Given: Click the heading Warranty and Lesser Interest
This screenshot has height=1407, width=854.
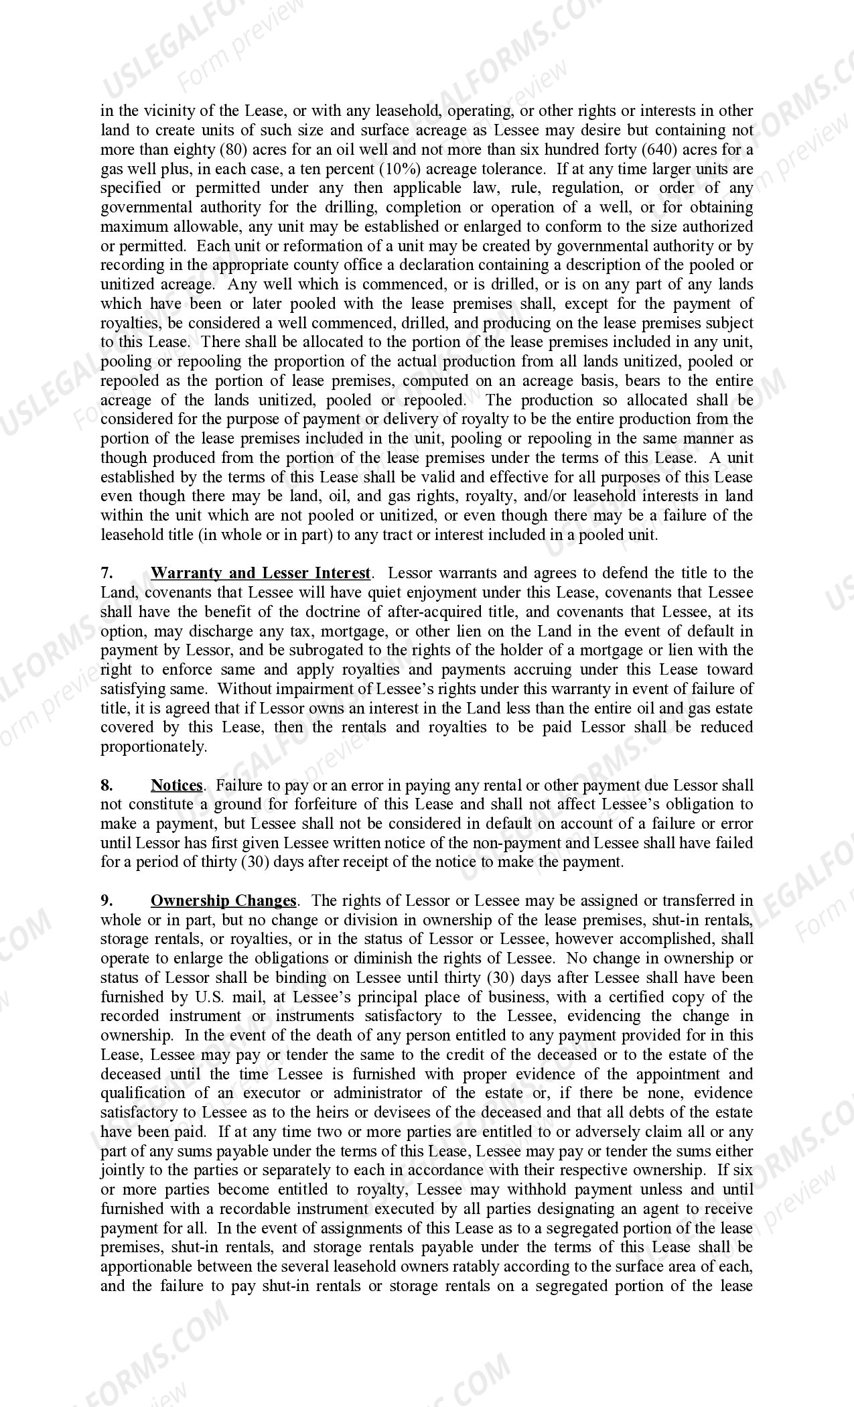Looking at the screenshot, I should click(260, 573).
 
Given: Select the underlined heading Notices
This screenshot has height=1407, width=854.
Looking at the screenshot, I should click(177, 785).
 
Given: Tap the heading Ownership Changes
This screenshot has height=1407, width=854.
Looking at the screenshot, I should click(223, 900).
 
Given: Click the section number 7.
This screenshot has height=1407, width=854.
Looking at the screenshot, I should click(106, 573).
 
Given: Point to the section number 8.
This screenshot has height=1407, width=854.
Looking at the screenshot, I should click(106, 785).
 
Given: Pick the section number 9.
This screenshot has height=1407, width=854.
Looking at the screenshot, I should click(106, 900).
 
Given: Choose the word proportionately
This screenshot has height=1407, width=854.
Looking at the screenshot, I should click(153, 746).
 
